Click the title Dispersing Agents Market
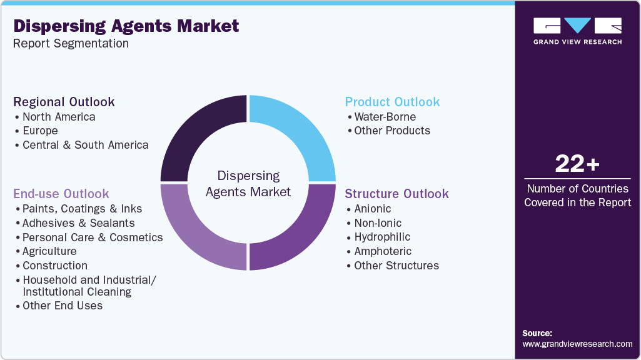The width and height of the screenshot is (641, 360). [126, 26]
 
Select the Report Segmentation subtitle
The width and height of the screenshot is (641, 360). [71, 44]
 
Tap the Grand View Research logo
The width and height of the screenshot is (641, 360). [577, 31]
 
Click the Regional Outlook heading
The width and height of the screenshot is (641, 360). [64, 102]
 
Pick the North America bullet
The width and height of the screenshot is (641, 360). [59, 117]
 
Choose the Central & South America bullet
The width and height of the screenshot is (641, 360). [85, 145]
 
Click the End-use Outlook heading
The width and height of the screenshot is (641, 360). [61, 194]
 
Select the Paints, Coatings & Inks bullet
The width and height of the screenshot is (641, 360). [82, 209]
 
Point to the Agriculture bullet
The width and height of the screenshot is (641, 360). [49, 251]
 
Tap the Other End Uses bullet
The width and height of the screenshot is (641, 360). [63, 306]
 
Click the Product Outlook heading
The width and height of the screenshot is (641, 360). [392, 102]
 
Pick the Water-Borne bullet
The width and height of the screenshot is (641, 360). [385, 117]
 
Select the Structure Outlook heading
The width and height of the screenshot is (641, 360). [396, 194]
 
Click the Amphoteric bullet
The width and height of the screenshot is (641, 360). [383, 251]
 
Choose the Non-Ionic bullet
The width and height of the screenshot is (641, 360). [378, 223]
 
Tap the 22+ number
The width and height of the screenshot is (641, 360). [577, 164]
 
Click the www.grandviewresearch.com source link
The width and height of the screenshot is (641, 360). [577, 344]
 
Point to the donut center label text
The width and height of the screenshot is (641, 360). [248, 184]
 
